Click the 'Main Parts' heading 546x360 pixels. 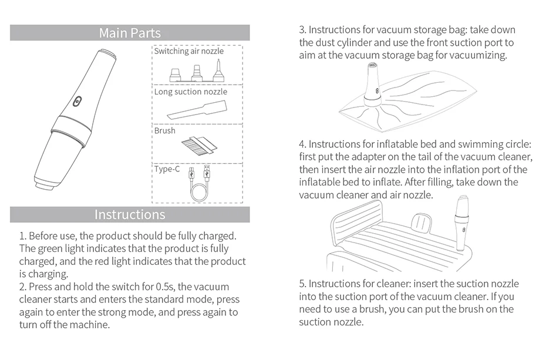130,33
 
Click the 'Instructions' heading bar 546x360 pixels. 130,214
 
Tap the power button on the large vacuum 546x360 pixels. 76,101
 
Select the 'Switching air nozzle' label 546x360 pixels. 188,51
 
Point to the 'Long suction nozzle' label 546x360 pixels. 190,92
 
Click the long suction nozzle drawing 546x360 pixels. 197,110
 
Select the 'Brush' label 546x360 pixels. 164,130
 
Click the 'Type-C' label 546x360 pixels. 167,169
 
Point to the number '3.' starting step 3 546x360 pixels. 302,29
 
